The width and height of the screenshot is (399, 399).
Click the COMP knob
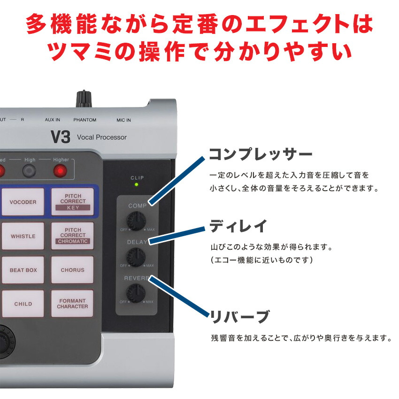pyautogui.click(x=136, y=221)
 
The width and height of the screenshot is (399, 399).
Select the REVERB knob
pyautogui.click(x=136, y=293)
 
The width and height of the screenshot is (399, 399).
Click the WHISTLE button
pyautogui.click(x=23, y=236)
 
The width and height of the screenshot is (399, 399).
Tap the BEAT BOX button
pyautogui.click(x=23, y=270)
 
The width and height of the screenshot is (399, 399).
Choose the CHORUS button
pyautogui.click(x=72, y=270)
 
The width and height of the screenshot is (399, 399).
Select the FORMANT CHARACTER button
pyautogui.click(x=72, y=304)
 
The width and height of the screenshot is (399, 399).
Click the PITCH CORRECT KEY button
pyautogui.click(x=72, y=202)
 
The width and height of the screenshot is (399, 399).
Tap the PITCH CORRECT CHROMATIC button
pyautogui.click(x=72, y=236)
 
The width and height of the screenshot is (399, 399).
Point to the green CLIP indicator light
pyautogui.click(x=137, y=184)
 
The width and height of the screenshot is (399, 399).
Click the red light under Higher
pyautogui.click(x=60, y=171)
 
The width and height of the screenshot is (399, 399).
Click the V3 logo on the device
pyautogui.click(x=60, y=137)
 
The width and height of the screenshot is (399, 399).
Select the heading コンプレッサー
pyautogui.click(x=260, y=154)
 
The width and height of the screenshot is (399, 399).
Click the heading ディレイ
pyautogui.click(x=238, y=226)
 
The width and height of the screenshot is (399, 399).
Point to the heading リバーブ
pyautogui.click(x=239, y=317)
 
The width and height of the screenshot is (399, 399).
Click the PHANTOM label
pyautogui.click(x=84, y=120)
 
